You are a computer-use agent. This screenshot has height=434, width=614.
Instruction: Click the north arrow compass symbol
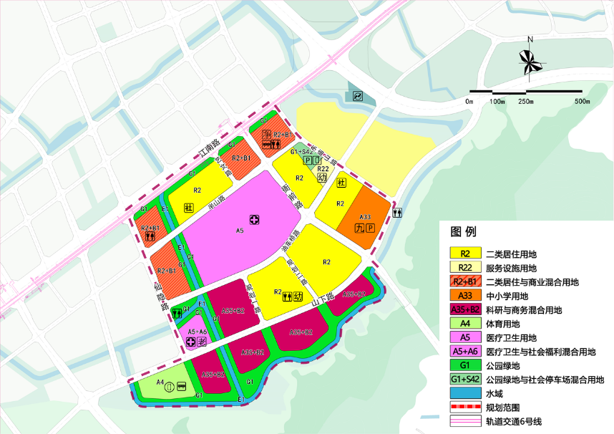click(x=530, y=60)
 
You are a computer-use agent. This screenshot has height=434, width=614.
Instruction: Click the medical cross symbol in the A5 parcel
click(x=253, y=218)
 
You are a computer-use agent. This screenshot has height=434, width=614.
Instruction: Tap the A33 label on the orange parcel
click(x=364, y=217)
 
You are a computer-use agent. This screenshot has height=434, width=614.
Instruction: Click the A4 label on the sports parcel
click(x=161, y=383)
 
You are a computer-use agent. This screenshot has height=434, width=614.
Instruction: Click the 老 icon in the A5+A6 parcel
click(x=203, y=342)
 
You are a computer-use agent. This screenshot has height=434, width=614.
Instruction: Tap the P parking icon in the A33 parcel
click(x=370, y=228)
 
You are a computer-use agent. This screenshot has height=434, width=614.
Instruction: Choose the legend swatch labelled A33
click(x=464, y=296)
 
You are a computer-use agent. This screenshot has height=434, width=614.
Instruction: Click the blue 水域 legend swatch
click(x=464, y=393)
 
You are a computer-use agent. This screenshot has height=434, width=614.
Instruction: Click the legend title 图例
click(x=463, y=232)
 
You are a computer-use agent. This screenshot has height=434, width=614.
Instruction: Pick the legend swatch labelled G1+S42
click(x=464, y=379)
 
